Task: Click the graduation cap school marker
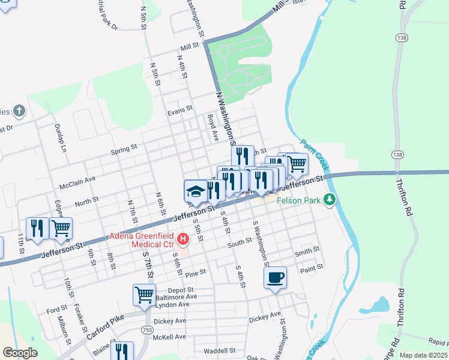pyautogui.click(x=195, y=191)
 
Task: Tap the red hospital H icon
pyautogui.click(x=184, y=241)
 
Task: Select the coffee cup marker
pyautogui.click(x=275, y=277)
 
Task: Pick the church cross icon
pyautogui.click(x=19, y=110)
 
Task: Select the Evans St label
pyautogui.click(x=179, y=110)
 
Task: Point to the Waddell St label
pyautogui.click(x=219, y=350)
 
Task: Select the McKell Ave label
pyautogui.click(x=170, y=337)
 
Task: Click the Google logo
pyautogui.click(x=20, y=353)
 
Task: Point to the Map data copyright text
pyautogui.click(x=423, y=355)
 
